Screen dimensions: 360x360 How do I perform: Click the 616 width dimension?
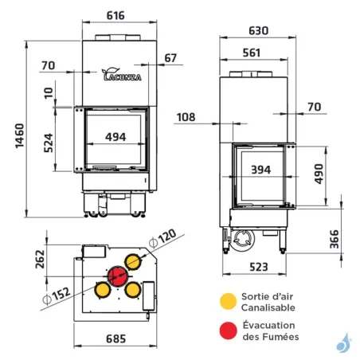pyautogui.click(x=115, y=16)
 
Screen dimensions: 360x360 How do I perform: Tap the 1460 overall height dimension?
pyautogui.click(x=20, y=135)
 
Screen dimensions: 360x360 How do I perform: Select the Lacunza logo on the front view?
pyautogui.click(x=122, y=74)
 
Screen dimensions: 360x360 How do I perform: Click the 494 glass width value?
pyautogui.click(x=115, y=137)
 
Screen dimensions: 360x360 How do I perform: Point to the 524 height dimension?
pyautogui.click(x=49, y=143)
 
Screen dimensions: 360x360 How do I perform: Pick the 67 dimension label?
pyautogui.click(x=170, y=58)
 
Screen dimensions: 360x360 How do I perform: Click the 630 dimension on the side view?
pyautogui.click(x=258, y=31)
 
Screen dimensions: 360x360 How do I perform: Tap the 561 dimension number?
pyautogui.click(x=252, y=53)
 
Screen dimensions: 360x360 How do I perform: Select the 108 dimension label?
pyautogui.click(x=186, y=117)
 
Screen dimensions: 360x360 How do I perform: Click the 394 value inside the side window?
pyautogui.click(x=261, y=170)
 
